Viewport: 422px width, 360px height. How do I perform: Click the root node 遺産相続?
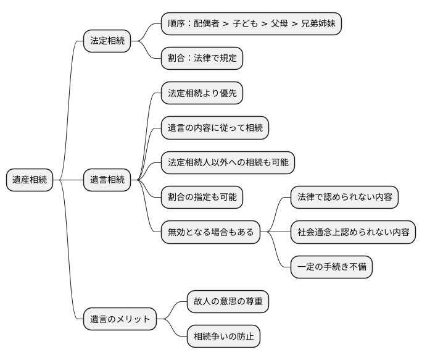30,180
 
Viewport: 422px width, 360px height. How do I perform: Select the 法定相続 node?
107,41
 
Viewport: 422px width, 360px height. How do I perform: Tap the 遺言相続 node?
107,180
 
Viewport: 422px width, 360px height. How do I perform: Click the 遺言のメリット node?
120,319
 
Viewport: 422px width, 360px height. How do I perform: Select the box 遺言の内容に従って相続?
215,128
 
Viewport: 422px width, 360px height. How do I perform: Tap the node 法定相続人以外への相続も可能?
228,162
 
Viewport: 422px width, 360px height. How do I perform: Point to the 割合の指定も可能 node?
202,198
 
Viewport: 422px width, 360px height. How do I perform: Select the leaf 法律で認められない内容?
344,198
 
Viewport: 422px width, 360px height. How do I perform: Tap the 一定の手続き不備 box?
332,267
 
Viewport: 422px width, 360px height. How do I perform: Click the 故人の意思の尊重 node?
228,302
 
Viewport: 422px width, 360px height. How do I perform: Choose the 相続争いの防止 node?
223,337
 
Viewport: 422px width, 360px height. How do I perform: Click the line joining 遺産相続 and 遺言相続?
68,180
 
